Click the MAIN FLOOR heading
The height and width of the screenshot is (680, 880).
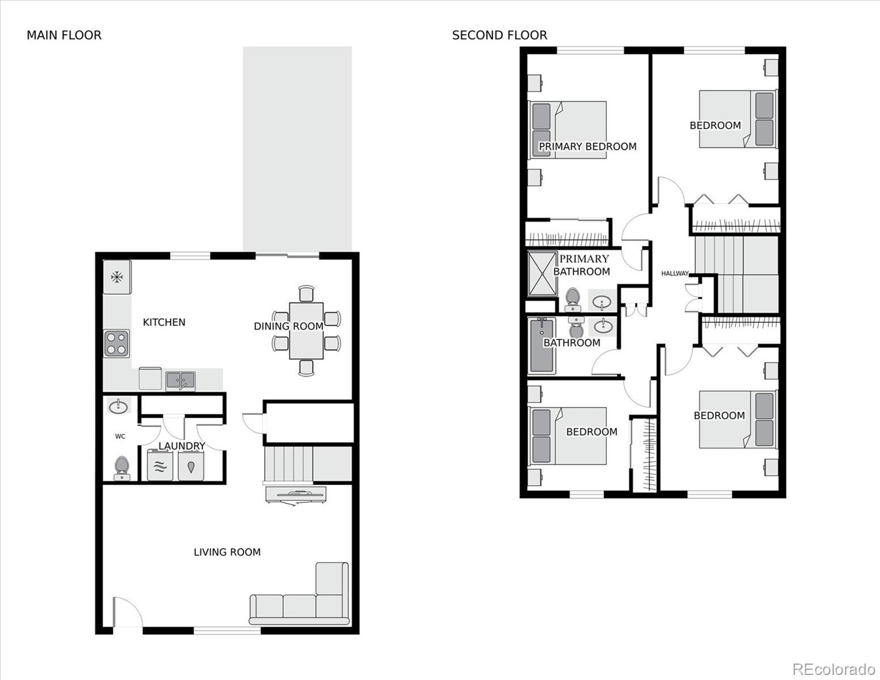(x=64, y=35)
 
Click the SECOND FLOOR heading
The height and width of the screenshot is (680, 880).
(x=499, y=35)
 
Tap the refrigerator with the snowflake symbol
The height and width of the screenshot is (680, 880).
(x=117, y=277)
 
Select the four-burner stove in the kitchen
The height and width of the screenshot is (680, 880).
(x=117, y=344)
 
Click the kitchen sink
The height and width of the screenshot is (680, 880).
(x=181, y=381)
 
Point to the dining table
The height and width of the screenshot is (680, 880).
(x=306, y=330)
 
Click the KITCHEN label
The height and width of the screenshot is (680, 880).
(x=164, y=322)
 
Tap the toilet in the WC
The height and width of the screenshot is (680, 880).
(x=121, y=469)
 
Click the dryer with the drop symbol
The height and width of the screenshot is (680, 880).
(x=191, y=466)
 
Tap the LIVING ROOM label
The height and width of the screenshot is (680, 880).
(x=227, y=552)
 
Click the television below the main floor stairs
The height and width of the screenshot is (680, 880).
(x=296, y=496)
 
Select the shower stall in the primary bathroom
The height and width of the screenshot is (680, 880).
(x=542, y=274)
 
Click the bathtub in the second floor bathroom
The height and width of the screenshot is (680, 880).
(x=542, y=346)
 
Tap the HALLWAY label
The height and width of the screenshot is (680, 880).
(x=675, y=273)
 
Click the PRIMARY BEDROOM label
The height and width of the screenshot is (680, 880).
(x=588, y=146)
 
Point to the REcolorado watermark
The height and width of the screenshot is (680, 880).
(x=834, y=669)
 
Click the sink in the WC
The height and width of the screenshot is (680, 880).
(x=118, y=406)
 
